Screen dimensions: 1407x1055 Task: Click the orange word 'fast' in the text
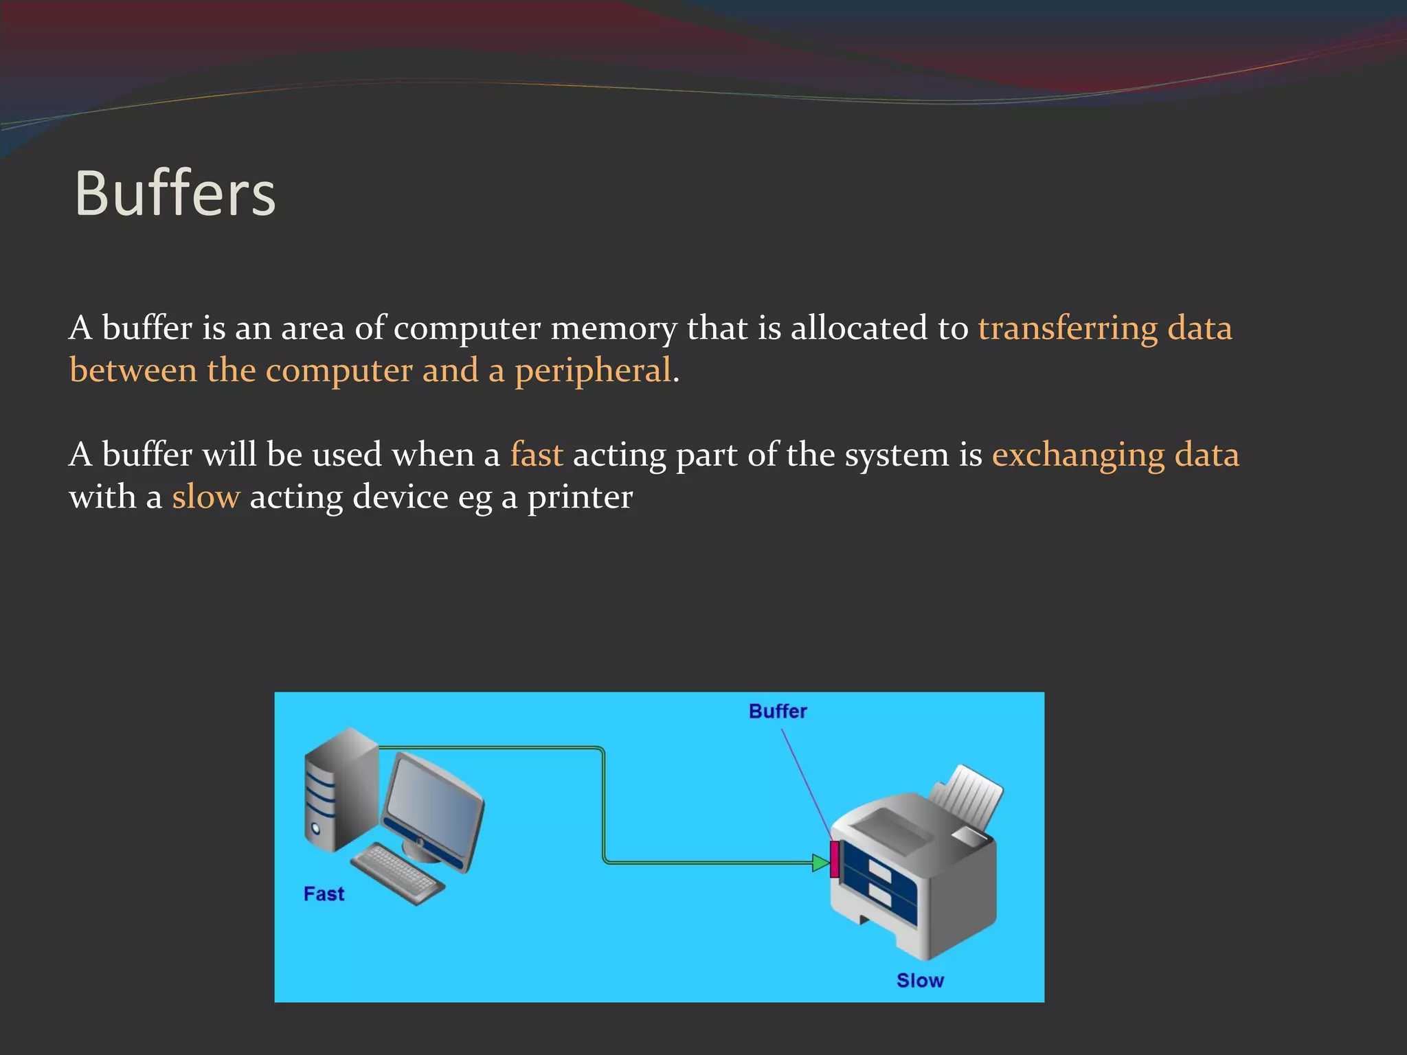[537, 455]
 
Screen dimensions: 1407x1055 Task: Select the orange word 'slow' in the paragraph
[206, 497]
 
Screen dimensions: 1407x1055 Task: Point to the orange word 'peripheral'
[592, 371]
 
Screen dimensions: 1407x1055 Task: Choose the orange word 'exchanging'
[1078, 455]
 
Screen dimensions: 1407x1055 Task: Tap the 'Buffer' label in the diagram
[778, 711]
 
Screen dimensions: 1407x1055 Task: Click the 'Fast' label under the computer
[324, 894]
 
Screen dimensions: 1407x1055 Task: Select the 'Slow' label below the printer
[920, 980]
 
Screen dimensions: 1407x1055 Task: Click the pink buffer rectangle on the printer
[834, 859]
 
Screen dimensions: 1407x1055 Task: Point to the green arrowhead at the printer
[820, 863]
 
